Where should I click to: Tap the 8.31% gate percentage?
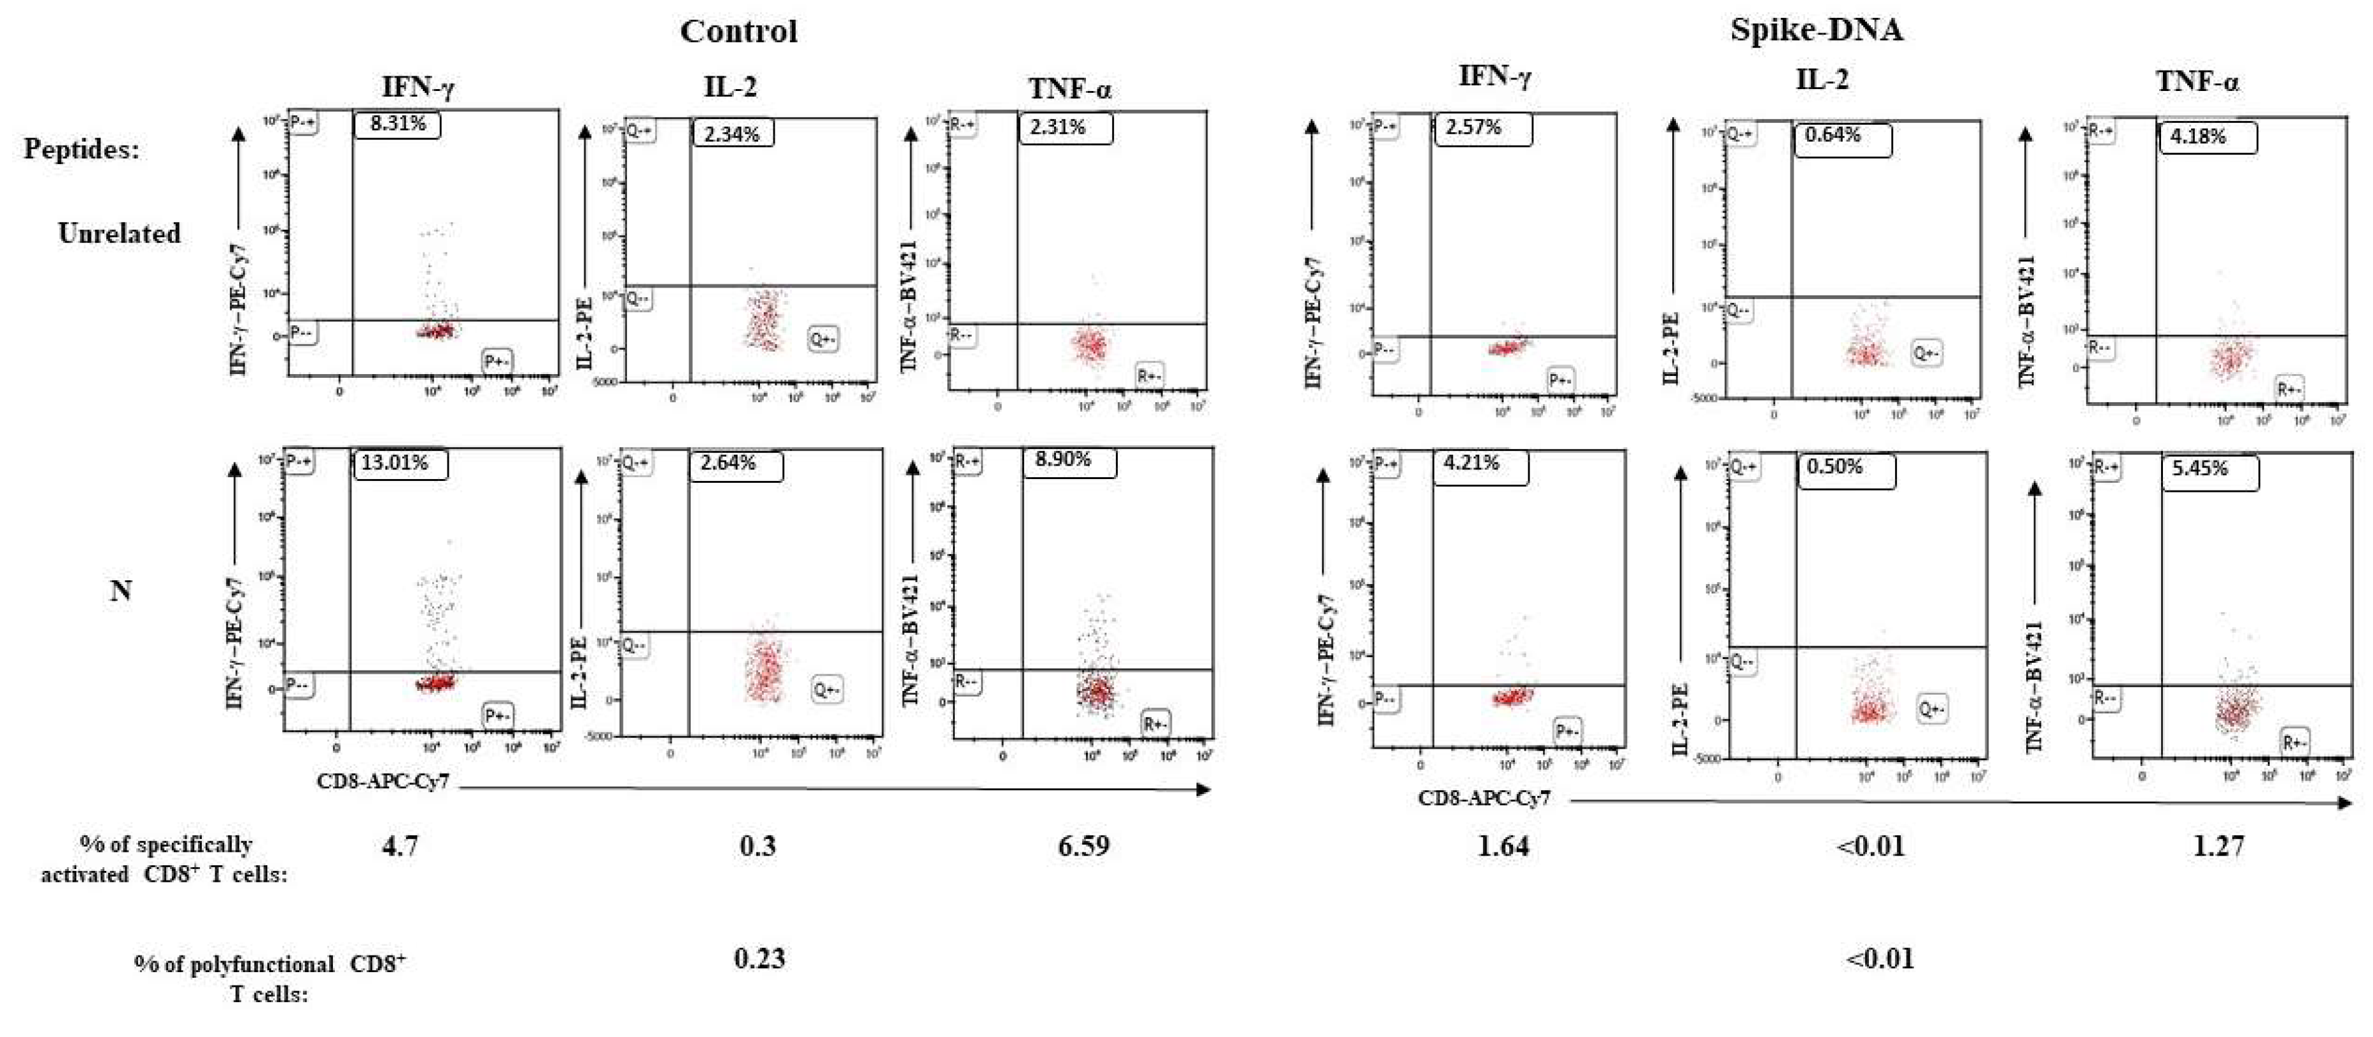tap(397, 123)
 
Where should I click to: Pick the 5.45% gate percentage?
tap(2200, 469)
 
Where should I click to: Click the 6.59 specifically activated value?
tap(1083, 846)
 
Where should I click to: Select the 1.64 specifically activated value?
tap(1503, 846)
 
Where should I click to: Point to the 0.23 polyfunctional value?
tap(759, 959)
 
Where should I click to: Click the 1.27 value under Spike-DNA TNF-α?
tap(2218, 846)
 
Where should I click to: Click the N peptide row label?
tap(121, 590)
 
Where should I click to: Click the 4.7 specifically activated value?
tap(400, 846)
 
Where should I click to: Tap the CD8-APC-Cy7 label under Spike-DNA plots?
tap(1483, 798)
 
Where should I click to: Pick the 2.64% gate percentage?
tap(728, 463)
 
